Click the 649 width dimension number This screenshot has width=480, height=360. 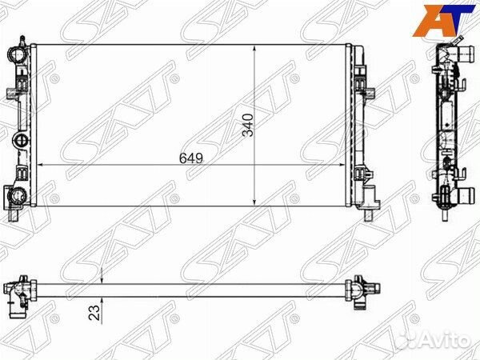point(191,158)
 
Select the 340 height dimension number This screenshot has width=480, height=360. point(248,125)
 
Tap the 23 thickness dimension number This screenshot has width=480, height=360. point(94,313)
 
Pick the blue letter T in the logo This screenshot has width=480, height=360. point(459,18)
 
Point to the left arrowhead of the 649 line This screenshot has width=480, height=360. point(39,165)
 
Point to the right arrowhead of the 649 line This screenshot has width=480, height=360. point(342,165)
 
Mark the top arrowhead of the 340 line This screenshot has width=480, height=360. point(254,48)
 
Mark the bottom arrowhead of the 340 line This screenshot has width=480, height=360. point(254,202)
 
